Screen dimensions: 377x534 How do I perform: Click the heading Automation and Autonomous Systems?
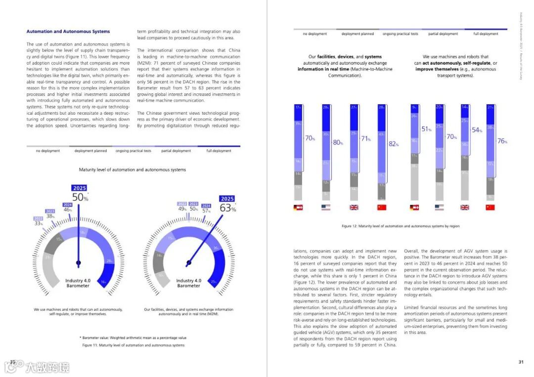(x=68, y=32)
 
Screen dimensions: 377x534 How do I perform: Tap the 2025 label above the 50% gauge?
(x=79, y=188)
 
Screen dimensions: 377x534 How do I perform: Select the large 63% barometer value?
(x=228, y=209)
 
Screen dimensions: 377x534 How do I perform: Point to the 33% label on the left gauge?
(x=39, y=223)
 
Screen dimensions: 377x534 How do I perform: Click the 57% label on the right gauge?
(x=207, y=211)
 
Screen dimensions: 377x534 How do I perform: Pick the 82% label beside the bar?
(x=394, y=144)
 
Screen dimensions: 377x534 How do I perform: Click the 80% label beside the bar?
(x=338, y=143)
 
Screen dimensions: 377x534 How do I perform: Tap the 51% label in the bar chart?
(x=427, y=129)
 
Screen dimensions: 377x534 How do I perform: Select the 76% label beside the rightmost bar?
(x=502, y=141)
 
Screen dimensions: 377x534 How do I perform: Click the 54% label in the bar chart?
(x=477, y=130)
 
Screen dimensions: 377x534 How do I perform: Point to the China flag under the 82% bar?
(x=381, y=208)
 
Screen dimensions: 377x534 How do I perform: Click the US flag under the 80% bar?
(x=325, y=208)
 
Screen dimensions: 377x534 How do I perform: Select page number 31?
(x=521, y=362)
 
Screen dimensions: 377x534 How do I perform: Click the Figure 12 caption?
(x=400, y=226)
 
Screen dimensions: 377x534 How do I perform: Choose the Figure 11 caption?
(x=133, y=345)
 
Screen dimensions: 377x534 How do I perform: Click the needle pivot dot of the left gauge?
(x=78, y=262)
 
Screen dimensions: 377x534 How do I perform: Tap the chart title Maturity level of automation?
(x=133, y=170)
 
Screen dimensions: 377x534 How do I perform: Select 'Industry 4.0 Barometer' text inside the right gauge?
(x=188, y=283)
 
